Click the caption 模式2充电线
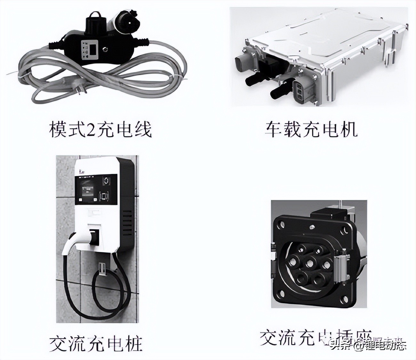100,129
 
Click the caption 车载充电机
311,129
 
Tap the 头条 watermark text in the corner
340,346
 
